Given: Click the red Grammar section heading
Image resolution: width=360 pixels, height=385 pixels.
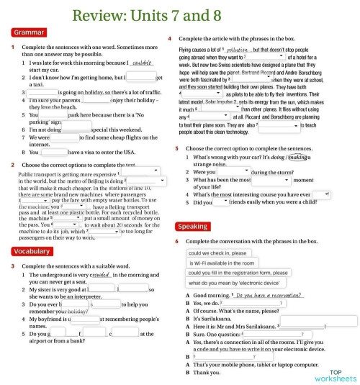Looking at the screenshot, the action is pyautogui.click(x=28, y=32).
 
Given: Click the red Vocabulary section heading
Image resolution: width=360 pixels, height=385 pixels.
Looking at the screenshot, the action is pyautogui.click(x=31, y=251).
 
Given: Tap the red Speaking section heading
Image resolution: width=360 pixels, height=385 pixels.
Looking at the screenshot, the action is pyautogui.click(x=192, y=227).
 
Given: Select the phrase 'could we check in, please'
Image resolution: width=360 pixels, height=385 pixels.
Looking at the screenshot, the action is pyautogui.click(x=217, y=253).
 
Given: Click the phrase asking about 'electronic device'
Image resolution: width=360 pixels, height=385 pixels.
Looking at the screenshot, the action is pyautogui.click(x=229, y=284).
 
